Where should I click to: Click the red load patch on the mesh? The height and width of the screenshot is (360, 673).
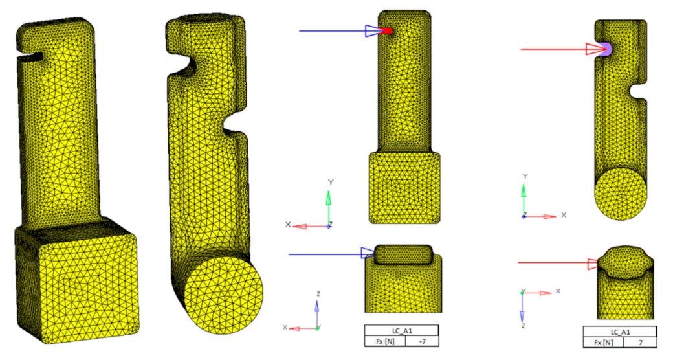tap(386, 30)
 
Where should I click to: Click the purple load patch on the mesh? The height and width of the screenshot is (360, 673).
tap(606, 49)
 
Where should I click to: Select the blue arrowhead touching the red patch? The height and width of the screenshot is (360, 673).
tap(372, 30)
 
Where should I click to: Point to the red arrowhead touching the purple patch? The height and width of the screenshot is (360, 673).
tap(593, 49)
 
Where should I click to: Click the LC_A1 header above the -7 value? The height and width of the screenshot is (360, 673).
tap(402, 330)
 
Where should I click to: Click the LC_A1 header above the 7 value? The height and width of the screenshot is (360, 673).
tap(620, 332)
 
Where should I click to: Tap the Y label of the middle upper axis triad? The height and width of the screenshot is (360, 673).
tap(331, 183)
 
